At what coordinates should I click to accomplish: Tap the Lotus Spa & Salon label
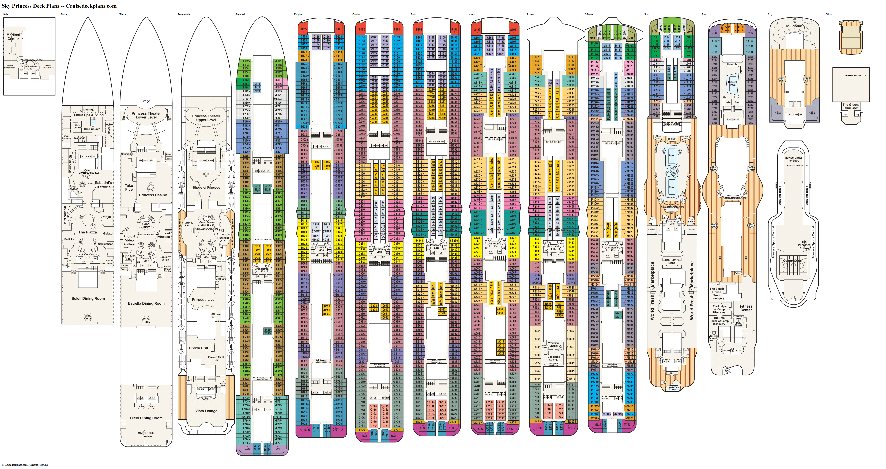[88, 115]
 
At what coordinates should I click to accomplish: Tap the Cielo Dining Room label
[146, 418]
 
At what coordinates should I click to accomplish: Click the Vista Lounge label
[206, 411]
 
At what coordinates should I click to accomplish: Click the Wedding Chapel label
[553, 344]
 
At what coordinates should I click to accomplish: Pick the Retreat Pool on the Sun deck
[733, 84]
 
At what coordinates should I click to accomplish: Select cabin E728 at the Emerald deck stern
[247, 449]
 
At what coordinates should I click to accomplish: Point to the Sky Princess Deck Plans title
[59, 6]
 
